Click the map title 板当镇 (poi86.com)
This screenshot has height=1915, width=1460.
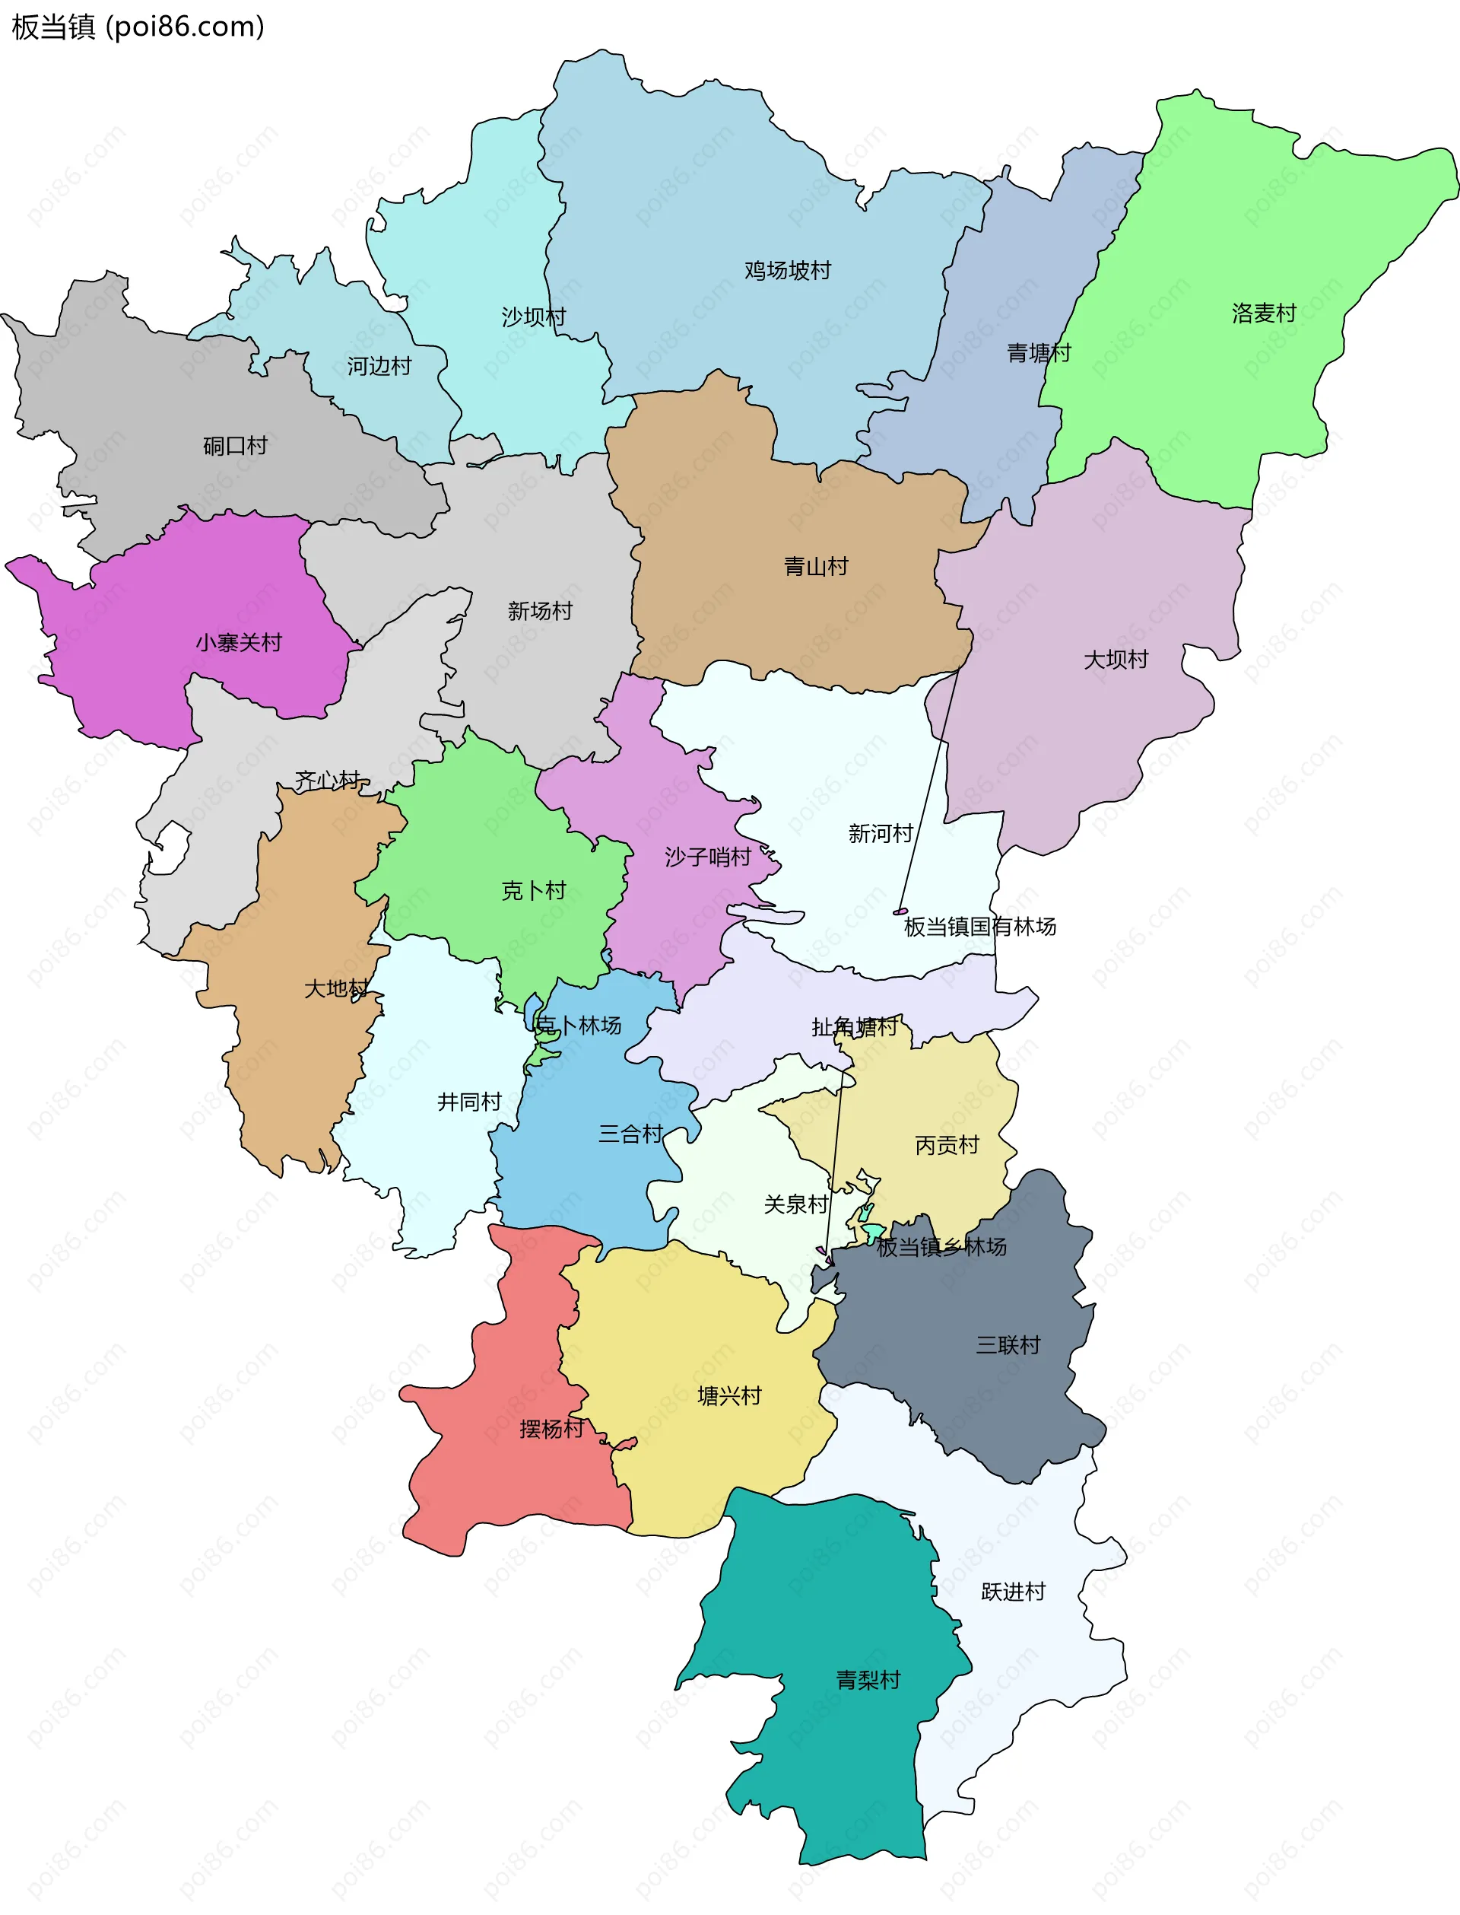tap(138, 27)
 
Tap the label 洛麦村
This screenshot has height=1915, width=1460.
tap(1264, 313)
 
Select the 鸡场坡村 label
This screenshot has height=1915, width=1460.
tap(787, 270)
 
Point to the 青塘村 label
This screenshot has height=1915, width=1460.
tap(1039, 353)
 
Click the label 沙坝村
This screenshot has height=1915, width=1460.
tap(534, 317)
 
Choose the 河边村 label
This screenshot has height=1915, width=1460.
tap(379, 366)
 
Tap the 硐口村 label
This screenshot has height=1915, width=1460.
tap(235, 446)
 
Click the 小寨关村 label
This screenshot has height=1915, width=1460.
tap(239, 642)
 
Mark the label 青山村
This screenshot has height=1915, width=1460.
tap(816, 567)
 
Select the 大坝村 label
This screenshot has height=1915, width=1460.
tap(1116, 660)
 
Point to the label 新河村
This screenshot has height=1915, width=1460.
tap(881, 834)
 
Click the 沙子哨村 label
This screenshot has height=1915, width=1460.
tap(707, 857)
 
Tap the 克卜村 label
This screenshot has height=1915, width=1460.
tap(534, 890)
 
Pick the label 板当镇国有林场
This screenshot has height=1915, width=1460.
tap(980, 927)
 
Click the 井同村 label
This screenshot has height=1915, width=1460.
tap(469, 1102)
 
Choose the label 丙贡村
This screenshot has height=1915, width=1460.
tap(947, 1145)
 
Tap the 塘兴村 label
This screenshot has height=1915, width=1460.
tap(729, 1396)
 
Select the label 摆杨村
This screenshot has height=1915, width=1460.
tap(551, 1429)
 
